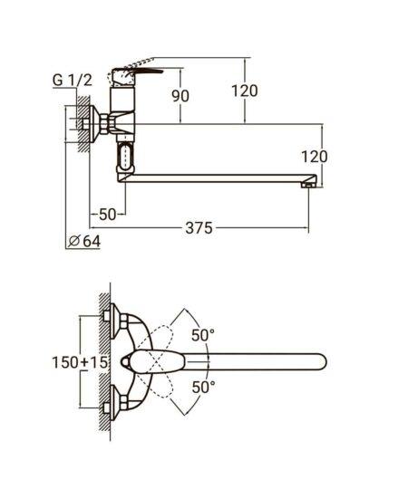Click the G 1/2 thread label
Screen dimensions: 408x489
73,81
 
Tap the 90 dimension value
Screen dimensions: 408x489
180,96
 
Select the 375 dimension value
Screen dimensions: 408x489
199,228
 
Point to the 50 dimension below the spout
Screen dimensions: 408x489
107,215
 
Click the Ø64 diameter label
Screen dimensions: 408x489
84,241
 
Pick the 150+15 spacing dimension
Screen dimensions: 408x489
80,362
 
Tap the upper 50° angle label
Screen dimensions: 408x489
203,335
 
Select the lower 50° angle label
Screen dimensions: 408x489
203,388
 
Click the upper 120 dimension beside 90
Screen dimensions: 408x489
245,91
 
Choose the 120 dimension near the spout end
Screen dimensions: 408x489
315,157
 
